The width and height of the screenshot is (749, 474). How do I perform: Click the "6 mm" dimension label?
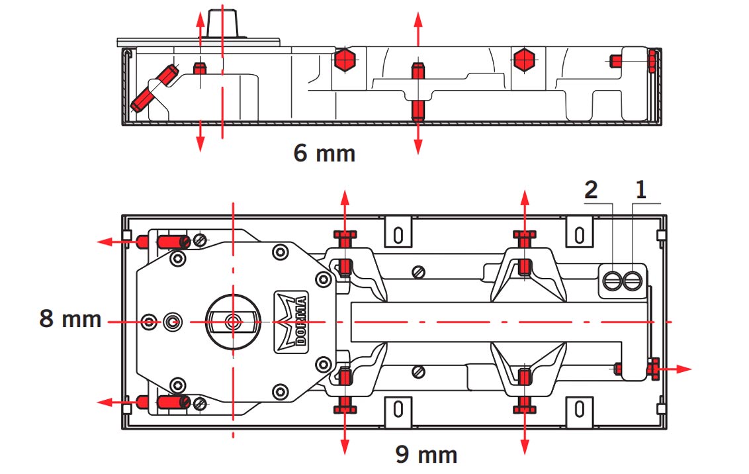[x=324, y=154]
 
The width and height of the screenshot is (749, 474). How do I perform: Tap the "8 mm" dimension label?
[x=71, y=319]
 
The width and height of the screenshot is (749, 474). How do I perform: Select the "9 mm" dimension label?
[x=426, y=455]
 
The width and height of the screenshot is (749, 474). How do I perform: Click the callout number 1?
[x=640, y=191]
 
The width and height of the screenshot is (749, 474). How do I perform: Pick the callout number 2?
[x=592, y=191]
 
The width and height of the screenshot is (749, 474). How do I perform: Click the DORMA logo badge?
[x=291, y=320]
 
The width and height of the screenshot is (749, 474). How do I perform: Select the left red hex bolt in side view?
[x=343, y=60]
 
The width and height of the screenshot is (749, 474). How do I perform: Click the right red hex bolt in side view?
[x=524, y=60]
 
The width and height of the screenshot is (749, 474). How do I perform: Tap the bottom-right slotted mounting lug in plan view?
[x=579, y=409]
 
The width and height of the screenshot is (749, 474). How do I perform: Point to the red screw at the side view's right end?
[x=652, y=61]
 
